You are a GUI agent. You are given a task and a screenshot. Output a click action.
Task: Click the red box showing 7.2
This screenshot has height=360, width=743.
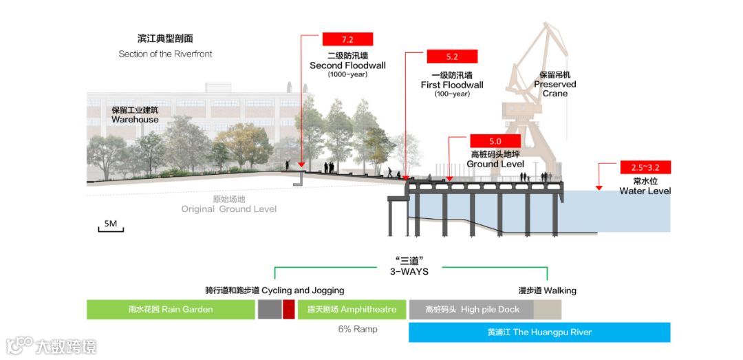(x=347, y=39)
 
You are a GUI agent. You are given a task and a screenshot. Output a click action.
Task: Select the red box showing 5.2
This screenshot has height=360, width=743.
(x=452, y=56)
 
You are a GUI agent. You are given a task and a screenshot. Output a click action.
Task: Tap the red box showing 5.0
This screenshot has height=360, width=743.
(x=495, y=141)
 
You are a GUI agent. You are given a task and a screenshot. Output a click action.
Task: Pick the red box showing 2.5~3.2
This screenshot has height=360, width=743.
(x=645, y=167)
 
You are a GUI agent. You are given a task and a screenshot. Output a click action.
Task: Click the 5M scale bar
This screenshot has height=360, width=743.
(x=111, y=225)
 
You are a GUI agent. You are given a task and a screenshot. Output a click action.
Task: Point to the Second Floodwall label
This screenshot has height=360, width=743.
(x=347, y=65)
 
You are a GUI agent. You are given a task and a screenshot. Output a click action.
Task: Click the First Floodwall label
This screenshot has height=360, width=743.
(x=452, y=85)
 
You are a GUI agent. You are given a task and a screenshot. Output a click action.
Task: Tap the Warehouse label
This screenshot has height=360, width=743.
(x=135, y=119)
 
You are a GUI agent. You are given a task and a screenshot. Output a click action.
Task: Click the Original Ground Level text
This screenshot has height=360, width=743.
(x=229, y=209)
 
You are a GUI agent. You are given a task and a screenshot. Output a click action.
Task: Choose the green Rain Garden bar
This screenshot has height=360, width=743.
(x=170, y=309)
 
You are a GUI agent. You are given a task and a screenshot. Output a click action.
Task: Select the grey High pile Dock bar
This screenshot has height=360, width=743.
(x=471, y=309)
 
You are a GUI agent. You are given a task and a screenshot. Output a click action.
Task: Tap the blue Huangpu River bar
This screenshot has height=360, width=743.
(x=539, y=332)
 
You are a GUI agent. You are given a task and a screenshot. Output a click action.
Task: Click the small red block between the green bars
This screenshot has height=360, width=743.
(x=289, y=309)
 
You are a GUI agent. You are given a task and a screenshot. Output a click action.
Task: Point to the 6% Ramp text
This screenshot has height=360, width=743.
(x=358, y=329)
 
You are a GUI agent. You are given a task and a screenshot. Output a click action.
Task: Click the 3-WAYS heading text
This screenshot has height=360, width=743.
(x=409, y=271)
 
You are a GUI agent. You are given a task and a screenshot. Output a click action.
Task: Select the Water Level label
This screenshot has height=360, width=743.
(x=645, y=191)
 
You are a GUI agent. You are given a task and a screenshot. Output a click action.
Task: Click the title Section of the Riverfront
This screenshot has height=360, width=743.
(x=165, y=54)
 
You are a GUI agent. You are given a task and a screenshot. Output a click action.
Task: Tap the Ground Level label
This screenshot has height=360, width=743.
(x=495, y=164)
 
